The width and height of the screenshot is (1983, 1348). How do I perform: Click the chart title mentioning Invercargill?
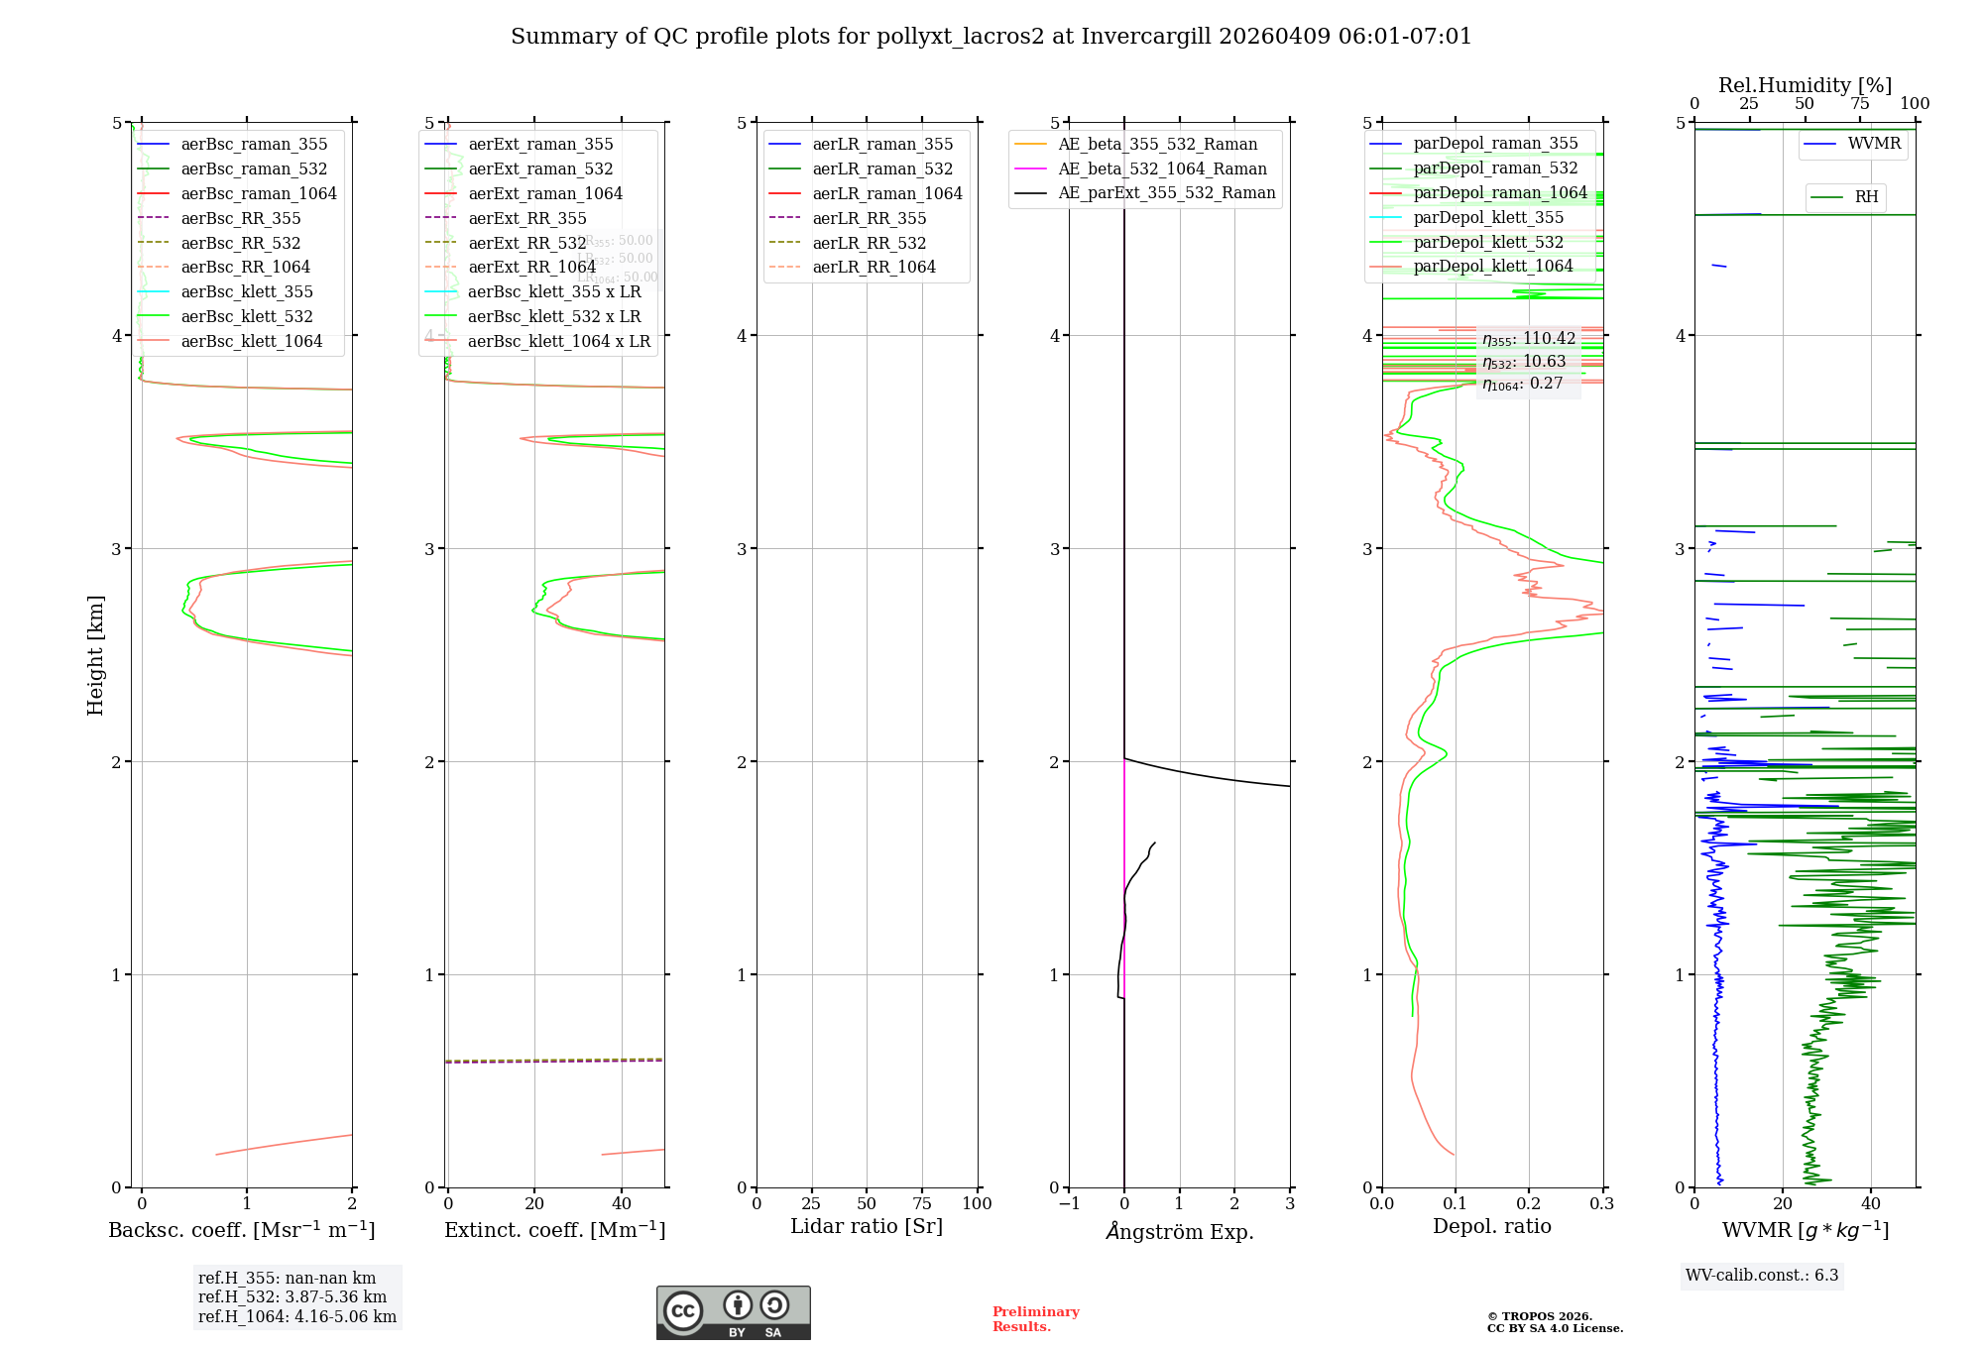click(991, 37)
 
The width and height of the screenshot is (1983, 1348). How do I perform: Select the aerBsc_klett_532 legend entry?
click(246, 316)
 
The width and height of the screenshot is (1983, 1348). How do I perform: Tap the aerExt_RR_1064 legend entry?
click(531, 267)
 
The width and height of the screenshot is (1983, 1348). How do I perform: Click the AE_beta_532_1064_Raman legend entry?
click(1161, 168)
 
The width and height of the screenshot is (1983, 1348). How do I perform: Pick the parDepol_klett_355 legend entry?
click(1487, 217)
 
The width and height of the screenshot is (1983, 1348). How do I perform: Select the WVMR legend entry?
click(1873, 144)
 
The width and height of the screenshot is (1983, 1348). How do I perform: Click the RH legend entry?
click(1865, 197)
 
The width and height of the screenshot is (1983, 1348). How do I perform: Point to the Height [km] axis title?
click(95, 655)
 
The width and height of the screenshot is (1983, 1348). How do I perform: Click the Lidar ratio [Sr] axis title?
click(866, 1226)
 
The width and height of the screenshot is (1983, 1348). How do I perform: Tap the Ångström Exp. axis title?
click(1179, 1231)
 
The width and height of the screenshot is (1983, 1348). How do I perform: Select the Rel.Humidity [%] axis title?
click(1805, 85)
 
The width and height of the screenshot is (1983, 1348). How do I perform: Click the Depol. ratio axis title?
click(1491, 1226)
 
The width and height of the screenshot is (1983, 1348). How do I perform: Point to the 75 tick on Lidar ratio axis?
click(922, 1203)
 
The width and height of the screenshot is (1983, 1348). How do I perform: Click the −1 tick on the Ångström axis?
click(1069, 1203)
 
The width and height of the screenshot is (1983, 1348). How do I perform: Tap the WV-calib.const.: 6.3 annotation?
click(1761, 1275)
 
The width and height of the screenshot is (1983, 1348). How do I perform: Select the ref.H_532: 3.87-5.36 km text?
click(292, 1296)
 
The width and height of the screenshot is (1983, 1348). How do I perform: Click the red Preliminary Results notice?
click(1035, 1318)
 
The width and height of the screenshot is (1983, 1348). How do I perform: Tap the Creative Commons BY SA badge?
click(733, 1312)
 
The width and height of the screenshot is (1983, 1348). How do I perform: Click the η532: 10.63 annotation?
click(1524, 361)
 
